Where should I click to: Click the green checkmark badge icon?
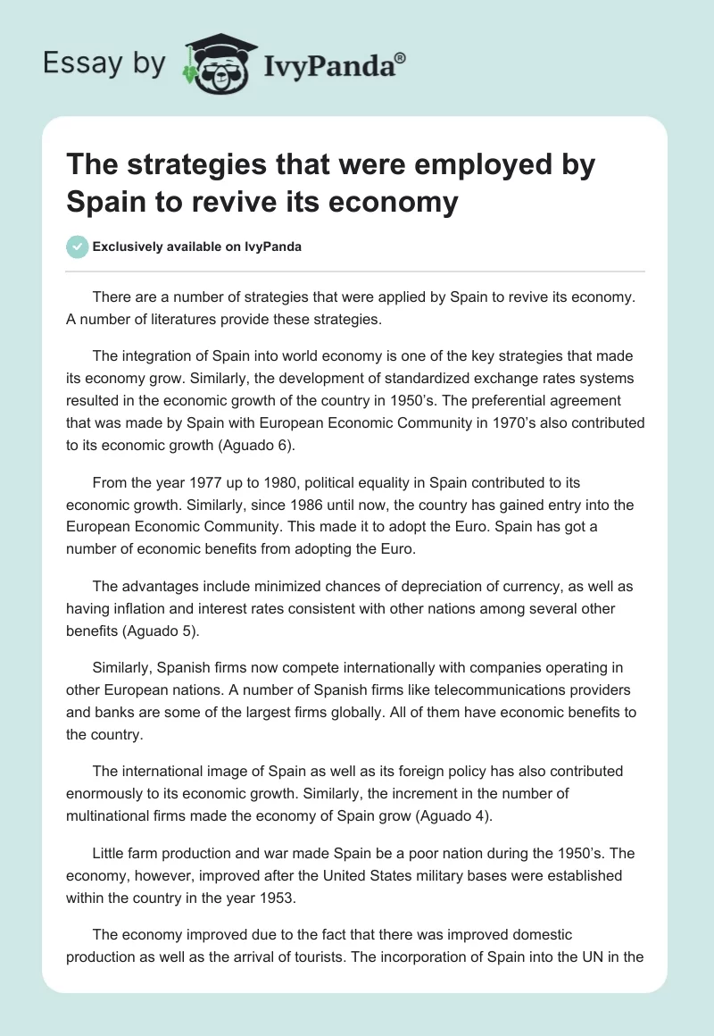pyautogui.click(x=78, y=246)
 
